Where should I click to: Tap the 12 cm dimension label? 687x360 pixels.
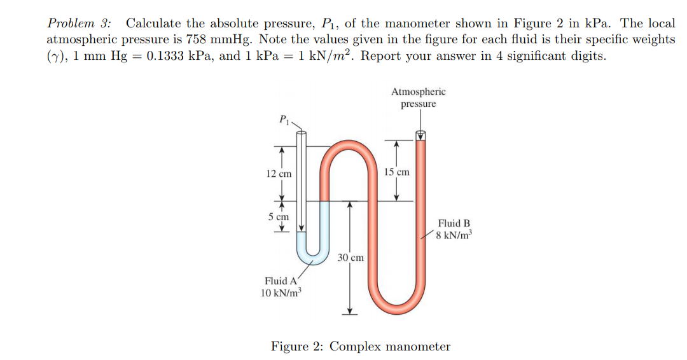pyautogui.click(x=279, y=174)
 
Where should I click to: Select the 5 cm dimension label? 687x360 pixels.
pyautogui.click(x=279, y=216)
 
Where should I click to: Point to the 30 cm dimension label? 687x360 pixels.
pyautogui.click(x=350, y=258)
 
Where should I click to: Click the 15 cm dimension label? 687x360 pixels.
pyautogui.click(x=397, y=172)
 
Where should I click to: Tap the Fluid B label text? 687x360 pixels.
pyautogui.click(x=454, y=223)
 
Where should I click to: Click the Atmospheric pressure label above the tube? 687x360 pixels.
pyautogui.click(x=419, y=97)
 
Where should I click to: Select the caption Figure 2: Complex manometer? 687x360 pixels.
pyautogui.click(x=360, y=347)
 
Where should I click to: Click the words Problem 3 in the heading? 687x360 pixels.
pyautogui.click(x=78, y=24)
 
